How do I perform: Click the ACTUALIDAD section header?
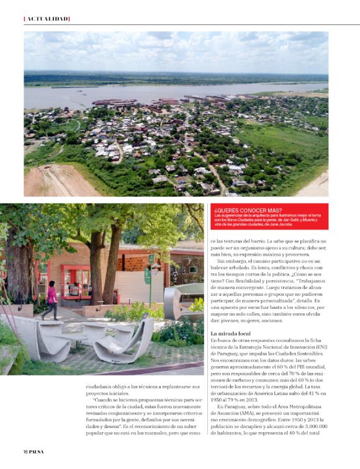pyautogui.click(x=47, y=19)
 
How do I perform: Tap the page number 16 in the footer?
pyautogui.click(x=26, y=450)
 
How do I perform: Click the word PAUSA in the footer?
pyautogui.click(x=37, y=450)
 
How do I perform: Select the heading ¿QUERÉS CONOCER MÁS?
pyautogui.click(x=238, y=210)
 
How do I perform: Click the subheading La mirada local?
pyautogui.click(x=232, y=334)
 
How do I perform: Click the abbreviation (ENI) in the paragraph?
pyautogui.click(x=320, y=348)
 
